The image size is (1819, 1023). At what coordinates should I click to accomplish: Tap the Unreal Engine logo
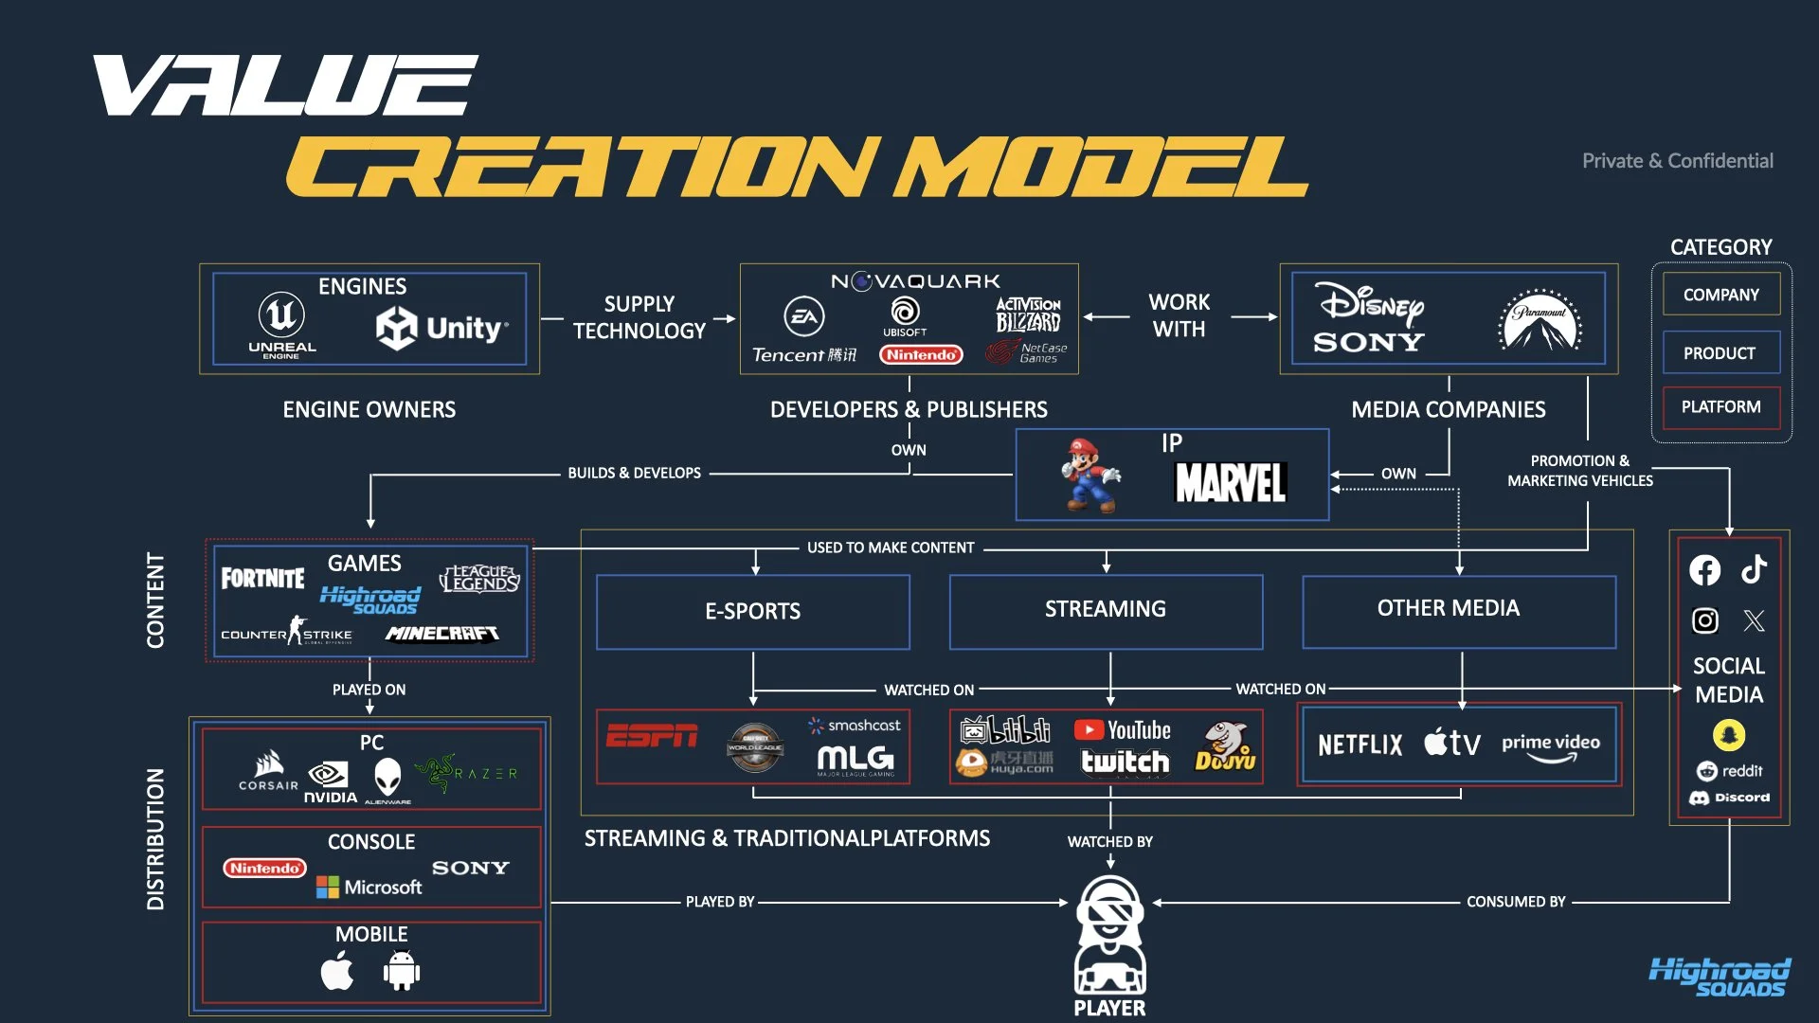[x=281, y=322]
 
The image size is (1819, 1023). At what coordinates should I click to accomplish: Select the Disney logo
[x=1371, y=302]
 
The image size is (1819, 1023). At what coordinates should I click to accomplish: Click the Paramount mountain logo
[x=1540, y=320]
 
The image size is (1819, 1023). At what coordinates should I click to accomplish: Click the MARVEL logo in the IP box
[x=1230, y=483]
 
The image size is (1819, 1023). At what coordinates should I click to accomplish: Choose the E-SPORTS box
[x=753, y=611]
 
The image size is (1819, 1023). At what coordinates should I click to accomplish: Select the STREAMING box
[x=1106, y=610]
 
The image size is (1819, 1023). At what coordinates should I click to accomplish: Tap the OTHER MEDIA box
[x=1449, y=609]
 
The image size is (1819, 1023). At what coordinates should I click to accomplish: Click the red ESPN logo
[x=652, y=736]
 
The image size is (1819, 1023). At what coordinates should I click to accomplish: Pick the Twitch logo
[x=1125, y=762]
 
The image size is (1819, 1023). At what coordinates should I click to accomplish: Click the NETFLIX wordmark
[x=1360, y=745]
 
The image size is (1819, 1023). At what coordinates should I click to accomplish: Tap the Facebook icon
[x=1704, y=569]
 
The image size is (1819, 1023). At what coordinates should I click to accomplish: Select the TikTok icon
[x=1754, y=568]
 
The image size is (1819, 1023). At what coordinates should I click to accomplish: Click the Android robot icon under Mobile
[x=402, y=971]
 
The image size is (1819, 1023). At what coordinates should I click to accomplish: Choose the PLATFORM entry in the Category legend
[x=1720, y=407]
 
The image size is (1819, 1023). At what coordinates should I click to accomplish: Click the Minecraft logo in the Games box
[x=442, y=634]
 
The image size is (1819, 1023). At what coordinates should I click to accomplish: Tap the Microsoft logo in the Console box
[x=369, y=887]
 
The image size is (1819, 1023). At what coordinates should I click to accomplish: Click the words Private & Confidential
[x=1677, y=161]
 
